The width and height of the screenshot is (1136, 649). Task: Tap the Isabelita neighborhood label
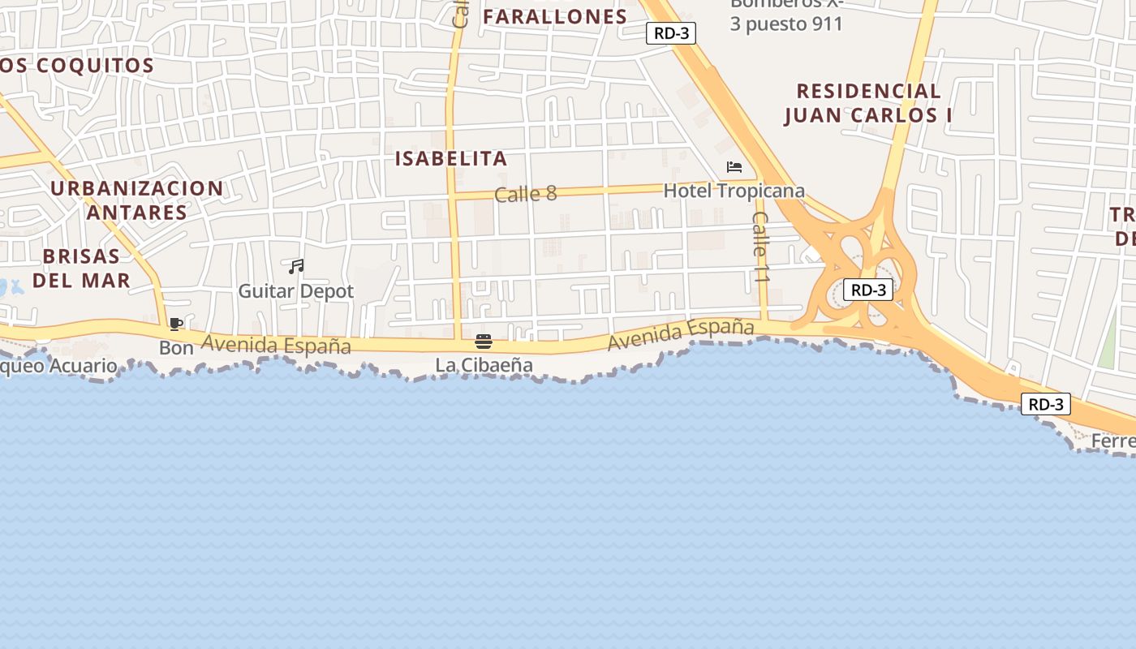pyautogui.click(x=451, y=158)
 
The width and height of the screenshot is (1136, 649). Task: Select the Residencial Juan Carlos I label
pyautogui.click(x=868, y=103)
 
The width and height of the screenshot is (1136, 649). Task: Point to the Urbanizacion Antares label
pyautogui.click(x=137, y=200)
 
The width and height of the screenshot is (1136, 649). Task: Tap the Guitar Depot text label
pyautogui.click(x=296, y=291)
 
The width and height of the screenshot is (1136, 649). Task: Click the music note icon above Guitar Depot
pyautogui.click(x=296, y=266)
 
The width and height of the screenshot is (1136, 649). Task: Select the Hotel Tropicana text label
pyautogui.click(x=734, y=191)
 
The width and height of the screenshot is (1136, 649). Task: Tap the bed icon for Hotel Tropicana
pyautogui.click(x=734, y=167)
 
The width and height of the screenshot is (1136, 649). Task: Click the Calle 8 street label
pyautogui.click(x=526, y=194)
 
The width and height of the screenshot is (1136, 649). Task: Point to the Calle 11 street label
pyautogui.click(x=760, y=247)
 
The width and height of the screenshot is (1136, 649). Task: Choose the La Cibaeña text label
pyautogui.click(x=484, y=366)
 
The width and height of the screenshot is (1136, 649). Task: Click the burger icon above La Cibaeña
pyautogui.click(x=484, y=342)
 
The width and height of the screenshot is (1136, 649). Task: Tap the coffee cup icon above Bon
pyautogui.click(x=175, y=324)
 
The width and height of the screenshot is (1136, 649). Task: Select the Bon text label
pyautogui.click(x=176, y=348)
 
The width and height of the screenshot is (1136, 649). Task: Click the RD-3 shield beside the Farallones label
pyautogui.click(x=671, y=33)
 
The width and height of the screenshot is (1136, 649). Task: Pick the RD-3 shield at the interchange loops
pyautogui.click(x=867, y=290)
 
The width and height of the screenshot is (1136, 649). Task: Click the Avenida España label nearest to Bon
pyautogui.click(x=276, y=345)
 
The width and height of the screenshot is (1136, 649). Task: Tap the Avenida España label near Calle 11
pyautogui.click(x=681, y=334)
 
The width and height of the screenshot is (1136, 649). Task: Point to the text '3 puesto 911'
pyautogui.click(x=786, y=24)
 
